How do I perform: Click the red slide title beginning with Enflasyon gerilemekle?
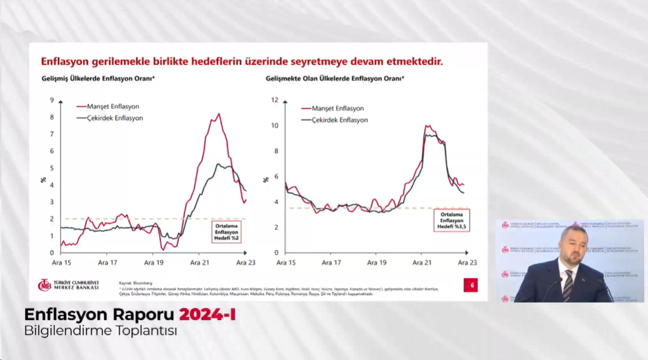(x=241, y=62)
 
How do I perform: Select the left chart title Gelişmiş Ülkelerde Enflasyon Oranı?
(x=98, y=79)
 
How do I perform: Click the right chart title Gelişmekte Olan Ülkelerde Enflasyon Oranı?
(x=335, y=79)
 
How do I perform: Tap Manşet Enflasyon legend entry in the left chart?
(x=113, y=107)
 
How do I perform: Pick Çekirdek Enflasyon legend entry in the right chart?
(x=340, y=121)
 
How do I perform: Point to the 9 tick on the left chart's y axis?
(x=52, y=100)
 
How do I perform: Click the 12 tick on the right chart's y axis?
(x=275, y=100)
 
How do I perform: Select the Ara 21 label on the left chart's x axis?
(x=200, y=263)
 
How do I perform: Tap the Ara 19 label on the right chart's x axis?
(x=377, y=263)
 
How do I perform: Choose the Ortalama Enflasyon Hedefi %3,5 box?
(x=452, y=220)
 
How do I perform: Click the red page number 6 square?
(x=471, y=286)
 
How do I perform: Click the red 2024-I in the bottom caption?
(x=208, y=315)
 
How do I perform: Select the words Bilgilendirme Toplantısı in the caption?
(x=101, y=331)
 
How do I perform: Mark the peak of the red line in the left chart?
(x=219, y=114)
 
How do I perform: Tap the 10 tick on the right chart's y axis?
(x=275, y=126)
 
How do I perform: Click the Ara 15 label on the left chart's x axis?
(x=61, y=263)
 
